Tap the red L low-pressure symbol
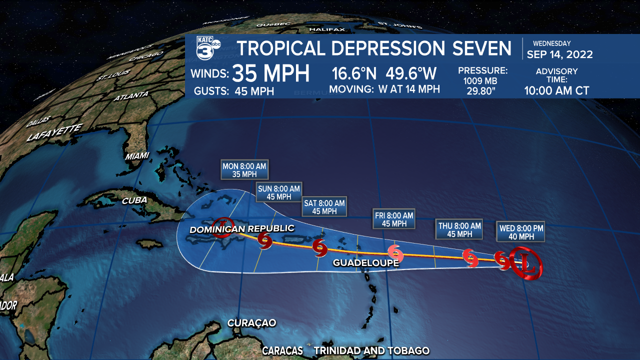point(525,262)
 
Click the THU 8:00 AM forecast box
point(459,229)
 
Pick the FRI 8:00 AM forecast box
point(394,219)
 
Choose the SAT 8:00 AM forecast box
point(324,207)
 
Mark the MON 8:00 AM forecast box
point(245,170)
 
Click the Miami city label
point(137,156)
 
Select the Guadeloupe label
point(365,262)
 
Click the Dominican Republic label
point(241,229)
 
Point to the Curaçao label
point(251,322)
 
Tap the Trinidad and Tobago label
point(371,350)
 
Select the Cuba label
point(134,200)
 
